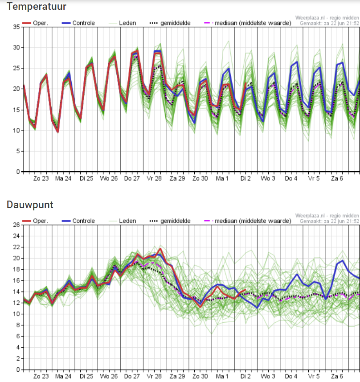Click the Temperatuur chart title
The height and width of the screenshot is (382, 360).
[37, 7]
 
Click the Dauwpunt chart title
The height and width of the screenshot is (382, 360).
[30, 205]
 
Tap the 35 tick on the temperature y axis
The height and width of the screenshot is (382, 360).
[16, 27]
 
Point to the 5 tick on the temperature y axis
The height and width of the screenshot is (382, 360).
[18, 151]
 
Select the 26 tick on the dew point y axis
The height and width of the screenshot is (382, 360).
[16, 225]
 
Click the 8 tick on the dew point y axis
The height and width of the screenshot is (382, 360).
[18, 325]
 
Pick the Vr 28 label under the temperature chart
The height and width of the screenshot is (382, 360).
[154, 179]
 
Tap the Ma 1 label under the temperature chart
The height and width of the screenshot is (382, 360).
[222, 179]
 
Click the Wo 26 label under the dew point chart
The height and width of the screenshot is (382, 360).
[109, 376]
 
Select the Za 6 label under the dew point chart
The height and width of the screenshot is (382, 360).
[337, 376]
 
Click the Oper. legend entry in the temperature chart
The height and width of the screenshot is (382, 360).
[35, 23]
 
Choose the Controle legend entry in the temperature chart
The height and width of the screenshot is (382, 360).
[78, 23]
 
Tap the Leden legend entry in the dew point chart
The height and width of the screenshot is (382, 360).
[122, 221]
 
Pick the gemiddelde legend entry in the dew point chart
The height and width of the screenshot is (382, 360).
[170, 221]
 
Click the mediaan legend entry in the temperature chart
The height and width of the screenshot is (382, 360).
[248, 23]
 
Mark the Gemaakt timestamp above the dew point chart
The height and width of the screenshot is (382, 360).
[330, 221]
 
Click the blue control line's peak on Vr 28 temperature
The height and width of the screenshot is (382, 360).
[157, 51]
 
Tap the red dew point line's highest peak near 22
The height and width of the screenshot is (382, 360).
[160, 249]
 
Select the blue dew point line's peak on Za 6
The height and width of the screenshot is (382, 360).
[343, 260]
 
